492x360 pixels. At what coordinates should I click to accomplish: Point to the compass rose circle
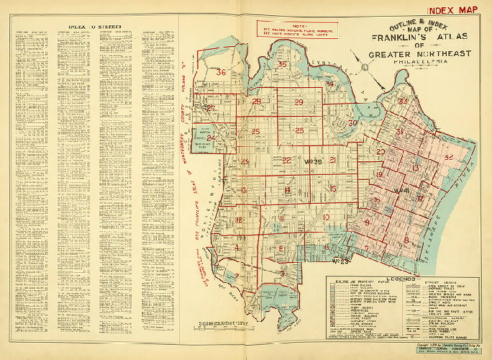[x=366, y=68]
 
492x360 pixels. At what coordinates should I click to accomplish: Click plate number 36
[x=222, y=72]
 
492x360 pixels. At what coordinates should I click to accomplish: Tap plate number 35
[x=282, y=65]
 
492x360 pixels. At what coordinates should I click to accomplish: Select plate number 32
[x=448, y=157]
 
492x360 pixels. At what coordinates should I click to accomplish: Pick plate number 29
[x=299, y=103]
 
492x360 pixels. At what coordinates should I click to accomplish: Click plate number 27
[x=210, y=109]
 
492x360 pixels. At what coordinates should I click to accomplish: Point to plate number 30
[x=352, y=123]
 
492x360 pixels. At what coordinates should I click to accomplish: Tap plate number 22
[x=286, y=161]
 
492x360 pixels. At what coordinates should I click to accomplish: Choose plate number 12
[x=238, y=220]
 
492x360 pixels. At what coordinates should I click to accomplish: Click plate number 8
[x=406, y=240]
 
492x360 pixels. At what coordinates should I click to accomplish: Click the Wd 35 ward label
[x=312, y=159]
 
